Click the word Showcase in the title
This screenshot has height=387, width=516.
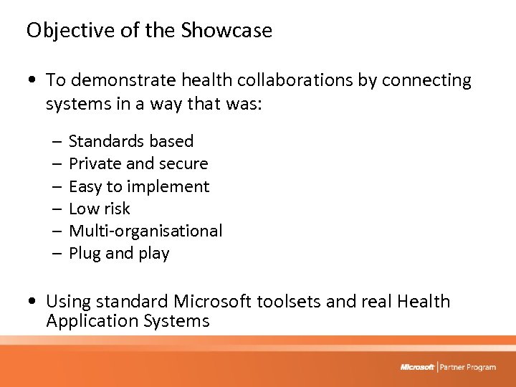click(226, 30)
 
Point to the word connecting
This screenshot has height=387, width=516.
click(426, 80)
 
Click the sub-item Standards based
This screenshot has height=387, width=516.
click(131, 141)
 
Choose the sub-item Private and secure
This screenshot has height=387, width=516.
click(138, 163)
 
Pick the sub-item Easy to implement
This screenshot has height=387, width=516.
click(139, 186)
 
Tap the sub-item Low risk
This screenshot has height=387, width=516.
click(100, 209)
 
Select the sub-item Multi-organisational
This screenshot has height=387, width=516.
click(145, 231)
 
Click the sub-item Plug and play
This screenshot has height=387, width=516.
click(119, 253)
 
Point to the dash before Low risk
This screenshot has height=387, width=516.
click(55, 209)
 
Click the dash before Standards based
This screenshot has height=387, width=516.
click(55, 142)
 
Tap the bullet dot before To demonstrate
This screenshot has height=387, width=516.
click(32, 81)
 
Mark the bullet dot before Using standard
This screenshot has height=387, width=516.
click(32, 302)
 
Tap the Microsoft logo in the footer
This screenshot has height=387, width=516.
click(417, 367)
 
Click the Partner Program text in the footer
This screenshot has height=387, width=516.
click(468, 367)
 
